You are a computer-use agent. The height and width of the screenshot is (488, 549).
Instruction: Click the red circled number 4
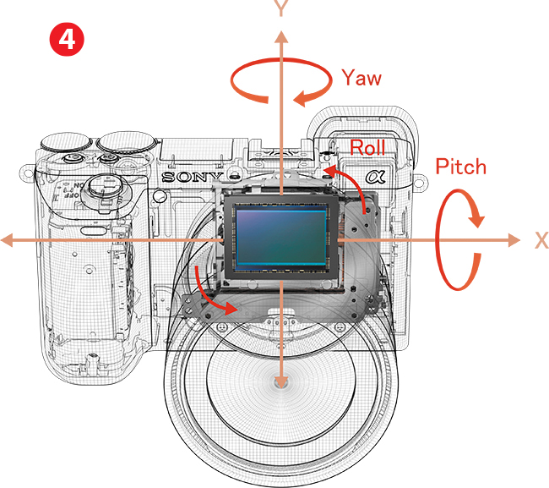(68, 39)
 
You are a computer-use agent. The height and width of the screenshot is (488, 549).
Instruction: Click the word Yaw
(361, 79)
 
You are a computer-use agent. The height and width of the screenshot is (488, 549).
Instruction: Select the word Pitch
(460, 167)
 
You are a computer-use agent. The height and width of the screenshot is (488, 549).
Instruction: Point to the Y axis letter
(281, 9)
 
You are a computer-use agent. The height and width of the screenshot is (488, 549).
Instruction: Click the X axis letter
(541, 240)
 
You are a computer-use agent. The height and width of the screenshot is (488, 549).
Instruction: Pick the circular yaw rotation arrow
(280, 84)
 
